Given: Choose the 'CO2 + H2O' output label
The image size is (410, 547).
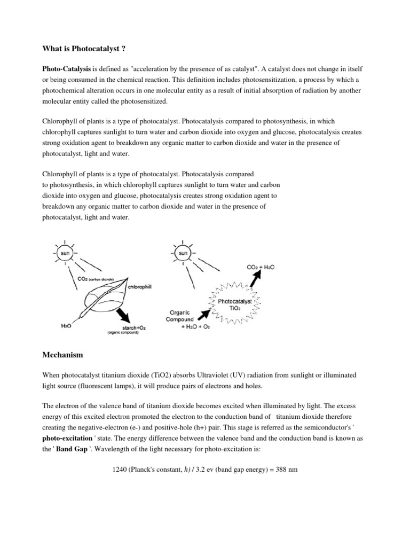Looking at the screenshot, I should pyautogui.click(x=260, y=267).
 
